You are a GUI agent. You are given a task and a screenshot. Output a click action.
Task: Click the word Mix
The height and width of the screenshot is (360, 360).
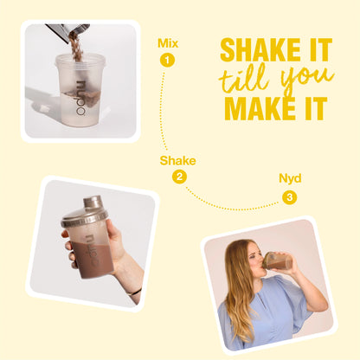[x=167, y=42]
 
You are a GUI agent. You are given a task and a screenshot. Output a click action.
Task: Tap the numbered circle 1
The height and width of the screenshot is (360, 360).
[x=167, y=60]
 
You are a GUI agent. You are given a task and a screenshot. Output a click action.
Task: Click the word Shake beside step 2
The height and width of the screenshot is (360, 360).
[x=178, y=160]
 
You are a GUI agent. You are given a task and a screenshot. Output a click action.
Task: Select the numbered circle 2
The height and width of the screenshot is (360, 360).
[x=179, y=177]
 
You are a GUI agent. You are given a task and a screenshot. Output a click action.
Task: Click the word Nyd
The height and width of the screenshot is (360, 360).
[x=289, y=178]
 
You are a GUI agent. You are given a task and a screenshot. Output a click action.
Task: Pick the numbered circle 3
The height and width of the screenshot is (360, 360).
[x=289, y=196]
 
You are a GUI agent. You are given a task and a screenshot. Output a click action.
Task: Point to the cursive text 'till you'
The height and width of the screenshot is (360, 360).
[x=275, y=80]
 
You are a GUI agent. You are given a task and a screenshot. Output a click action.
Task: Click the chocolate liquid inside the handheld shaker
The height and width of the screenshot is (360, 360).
[x=87, y=256]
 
